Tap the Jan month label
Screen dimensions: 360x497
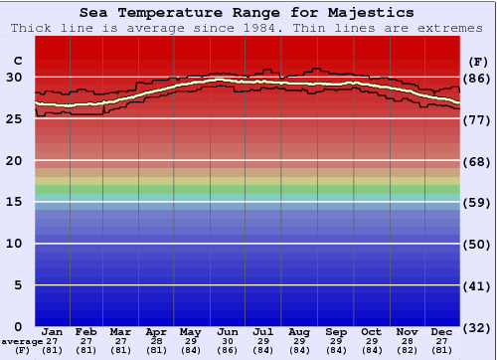pyautogui.click(x=53, y=331)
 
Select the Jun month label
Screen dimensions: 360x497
pyautogui.click(x=228, y=331)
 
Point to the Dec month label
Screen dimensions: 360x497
pyautogui.click(x=442, y=331)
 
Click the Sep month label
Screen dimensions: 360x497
pyautogui.click(x=335, y=331)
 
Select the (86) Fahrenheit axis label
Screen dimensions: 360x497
pyautogui.click(x=478, y=78)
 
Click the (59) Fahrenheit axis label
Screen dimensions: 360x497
pyautogui.click(x=478, y=202)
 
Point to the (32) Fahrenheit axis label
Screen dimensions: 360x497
pyautogui.click(x=478, y=327)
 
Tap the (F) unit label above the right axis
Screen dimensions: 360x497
pyautogui.click(x=478, y=61)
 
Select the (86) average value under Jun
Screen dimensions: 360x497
pyautogui.click(x=228, y=350)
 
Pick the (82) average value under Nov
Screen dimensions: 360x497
pyautogui.click(x=407, y=350)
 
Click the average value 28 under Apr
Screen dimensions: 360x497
pyautogui.click(x=156, y=341)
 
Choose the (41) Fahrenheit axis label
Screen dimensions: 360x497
pyautogui.click(x=478, y=285)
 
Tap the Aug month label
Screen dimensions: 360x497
pyautogui.click(x=299, y=331)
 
